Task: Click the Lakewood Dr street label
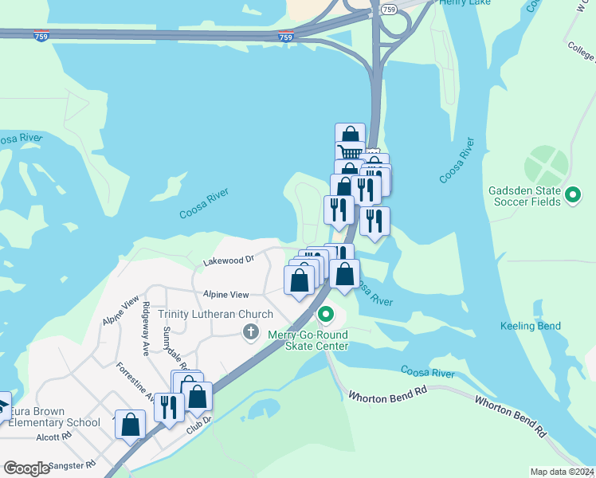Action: coord(228,260)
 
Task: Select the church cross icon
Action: coord(251,331)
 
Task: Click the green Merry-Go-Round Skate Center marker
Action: coord(325,316)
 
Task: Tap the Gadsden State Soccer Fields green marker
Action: coord(572,194)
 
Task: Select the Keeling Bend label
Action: coord(530,326)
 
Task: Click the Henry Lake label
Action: coord(465,3)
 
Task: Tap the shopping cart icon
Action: coord(350,153)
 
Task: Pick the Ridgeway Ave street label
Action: coord(146,327)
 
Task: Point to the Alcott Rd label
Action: coord(54,436)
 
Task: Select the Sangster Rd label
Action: coord(72,464)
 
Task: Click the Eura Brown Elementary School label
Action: coord(54,417)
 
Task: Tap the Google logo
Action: coord(26,468)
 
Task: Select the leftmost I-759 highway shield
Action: coord(41,36)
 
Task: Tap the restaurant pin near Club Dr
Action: coord(169,406)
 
